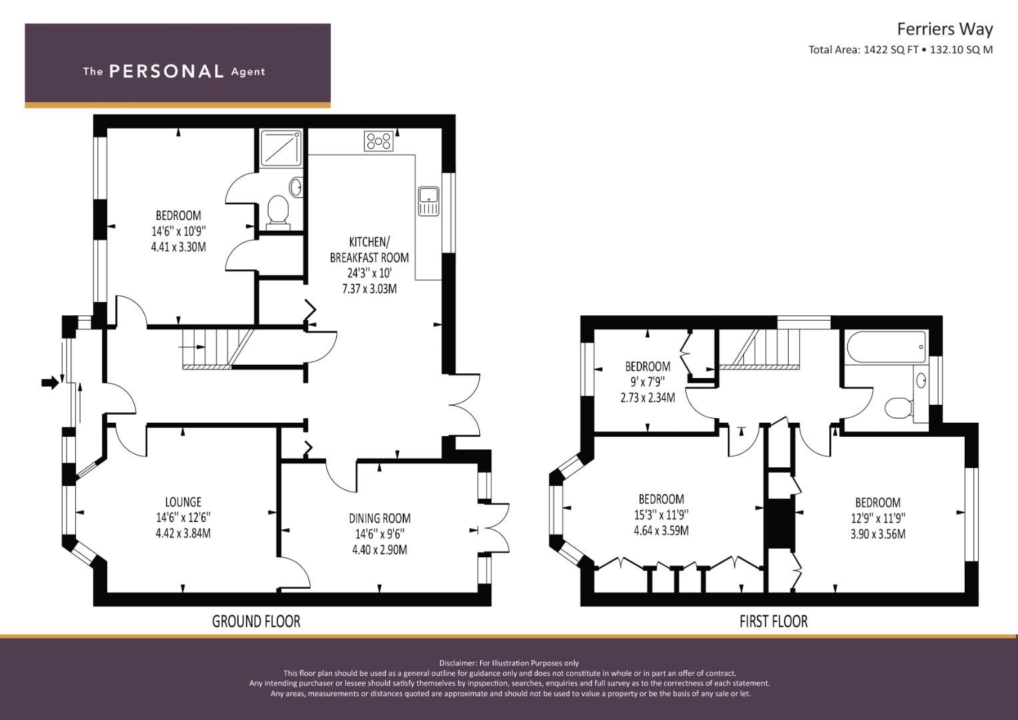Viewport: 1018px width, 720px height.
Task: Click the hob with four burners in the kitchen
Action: tap(379, 141)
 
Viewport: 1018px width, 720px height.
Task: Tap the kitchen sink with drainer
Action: tap(429, 201)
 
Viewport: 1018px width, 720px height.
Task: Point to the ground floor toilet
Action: tap(278, 212)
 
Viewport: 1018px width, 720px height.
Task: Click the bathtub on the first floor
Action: tap(886, 347)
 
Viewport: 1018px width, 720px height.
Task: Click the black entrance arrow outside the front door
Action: tap(51, 383)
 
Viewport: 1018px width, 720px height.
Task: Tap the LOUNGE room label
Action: tap(183, 502)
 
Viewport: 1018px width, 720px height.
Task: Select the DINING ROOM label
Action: tap(380, 518)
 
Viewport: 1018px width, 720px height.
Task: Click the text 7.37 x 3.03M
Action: tap(369, 289)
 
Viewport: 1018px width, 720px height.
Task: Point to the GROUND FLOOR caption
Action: tap(256, 621)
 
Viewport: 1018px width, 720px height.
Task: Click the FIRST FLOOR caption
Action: tap(773, 621)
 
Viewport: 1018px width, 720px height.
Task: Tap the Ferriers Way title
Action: tap(945, 29)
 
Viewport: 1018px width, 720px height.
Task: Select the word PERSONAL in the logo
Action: tap(167, 71)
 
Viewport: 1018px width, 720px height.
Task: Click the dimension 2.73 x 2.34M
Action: tap(647, 398)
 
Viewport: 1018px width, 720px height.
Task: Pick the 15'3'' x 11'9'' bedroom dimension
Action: tap(661, 515)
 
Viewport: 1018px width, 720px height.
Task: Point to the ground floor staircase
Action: tap(218, 348)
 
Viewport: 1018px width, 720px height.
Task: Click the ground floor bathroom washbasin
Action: tap(296, 187)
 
